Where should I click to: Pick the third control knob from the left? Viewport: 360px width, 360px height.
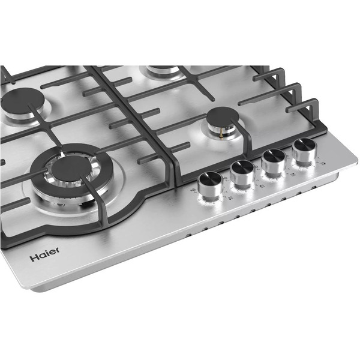pyautogui.click(x=274, y=159)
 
